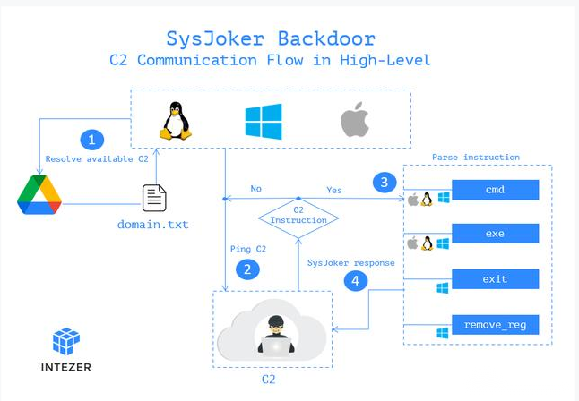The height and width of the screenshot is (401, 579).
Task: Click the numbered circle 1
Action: point(92,140)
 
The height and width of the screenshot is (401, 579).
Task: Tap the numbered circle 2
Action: point(247,269)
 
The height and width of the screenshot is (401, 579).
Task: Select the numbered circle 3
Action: point(385,183)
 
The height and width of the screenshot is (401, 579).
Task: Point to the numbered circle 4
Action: point(356,281)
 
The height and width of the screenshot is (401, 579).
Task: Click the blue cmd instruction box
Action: point(495,190)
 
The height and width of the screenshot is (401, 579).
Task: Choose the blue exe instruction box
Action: point(495,233)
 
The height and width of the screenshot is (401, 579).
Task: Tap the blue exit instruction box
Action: point(495,279)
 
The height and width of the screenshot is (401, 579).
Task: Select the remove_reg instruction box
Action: point(495,325)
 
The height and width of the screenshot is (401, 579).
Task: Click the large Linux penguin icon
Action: point(176,121)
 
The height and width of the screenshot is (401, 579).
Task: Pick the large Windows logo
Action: point(264,122)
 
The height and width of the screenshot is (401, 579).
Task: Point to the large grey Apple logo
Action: point(355,120)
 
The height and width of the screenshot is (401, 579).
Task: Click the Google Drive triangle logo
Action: point(39,195)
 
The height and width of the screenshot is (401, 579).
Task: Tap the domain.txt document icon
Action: point(154,198)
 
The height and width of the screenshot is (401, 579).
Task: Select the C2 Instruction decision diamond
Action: point(298,218)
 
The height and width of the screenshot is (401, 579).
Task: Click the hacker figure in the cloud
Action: point(276,335)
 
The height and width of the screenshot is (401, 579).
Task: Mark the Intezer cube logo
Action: point(66,341)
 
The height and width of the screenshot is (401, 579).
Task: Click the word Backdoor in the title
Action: point(326,38)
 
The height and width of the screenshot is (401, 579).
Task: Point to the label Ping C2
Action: point(248,249)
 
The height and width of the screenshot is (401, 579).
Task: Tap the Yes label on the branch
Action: point(334,190)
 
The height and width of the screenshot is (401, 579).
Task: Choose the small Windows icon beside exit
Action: point(443,288)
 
